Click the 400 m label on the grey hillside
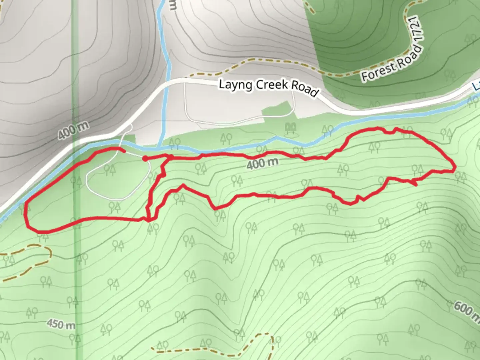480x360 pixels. (73, 130)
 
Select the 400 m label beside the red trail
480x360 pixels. (262, 163)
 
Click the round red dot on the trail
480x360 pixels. (145, 159)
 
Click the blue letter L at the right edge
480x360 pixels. (476, 86)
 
